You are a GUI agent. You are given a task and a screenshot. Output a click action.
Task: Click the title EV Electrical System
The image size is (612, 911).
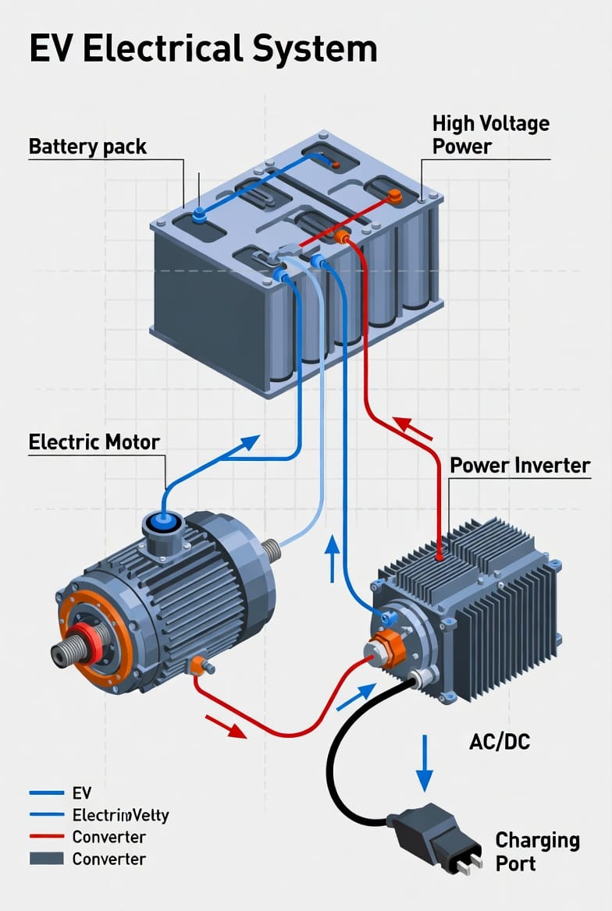point(203,48)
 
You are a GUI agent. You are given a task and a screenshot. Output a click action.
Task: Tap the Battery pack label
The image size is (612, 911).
point(87,147)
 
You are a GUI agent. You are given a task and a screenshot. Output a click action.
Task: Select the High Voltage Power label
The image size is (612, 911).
point(490,135)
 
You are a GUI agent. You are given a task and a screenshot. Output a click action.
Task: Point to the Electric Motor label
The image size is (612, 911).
point(94,442)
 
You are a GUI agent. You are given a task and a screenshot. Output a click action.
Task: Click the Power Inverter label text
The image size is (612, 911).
point(520,466)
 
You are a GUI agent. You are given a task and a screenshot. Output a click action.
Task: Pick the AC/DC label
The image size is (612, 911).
point(500,741)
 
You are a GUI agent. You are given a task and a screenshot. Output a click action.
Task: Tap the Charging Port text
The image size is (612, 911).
point(537,852)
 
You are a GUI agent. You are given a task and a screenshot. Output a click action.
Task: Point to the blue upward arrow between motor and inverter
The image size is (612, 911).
point(333,558)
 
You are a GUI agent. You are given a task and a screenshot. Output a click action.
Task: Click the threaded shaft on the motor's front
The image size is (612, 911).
point(69,646)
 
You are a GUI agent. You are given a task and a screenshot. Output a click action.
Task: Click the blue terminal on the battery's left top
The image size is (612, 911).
point(199,214)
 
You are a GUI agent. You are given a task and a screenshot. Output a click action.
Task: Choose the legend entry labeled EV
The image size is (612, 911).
point(81,793)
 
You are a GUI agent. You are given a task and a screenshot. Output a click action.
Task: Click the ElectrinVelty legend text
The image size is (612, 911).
point(120,815)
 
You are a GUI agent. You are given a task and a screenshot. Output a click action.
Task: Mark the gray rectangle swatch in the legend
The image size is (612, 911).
point(46,859)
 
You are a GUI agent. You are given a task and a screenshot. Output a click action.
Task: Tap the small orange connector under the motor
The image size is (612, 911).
point(198,665)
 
